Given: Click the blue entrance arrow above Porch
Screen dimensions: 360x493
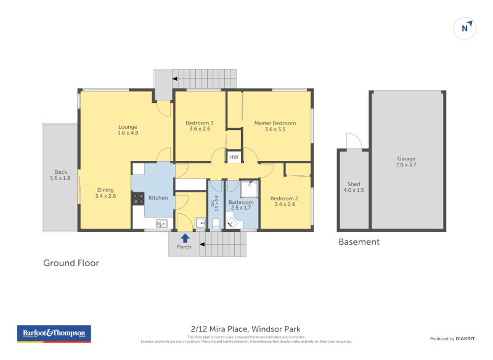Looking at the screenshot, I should click(x=184, y=238).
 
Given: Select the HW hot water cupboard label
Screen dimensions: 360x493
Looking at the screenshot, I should click(x=234, y=158).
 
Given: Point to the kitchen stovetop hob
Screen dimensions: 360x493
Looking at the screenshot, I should click(x=138, y=198).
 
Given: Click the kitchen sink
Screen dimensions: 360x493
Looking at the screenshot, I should click(x=162, y=223).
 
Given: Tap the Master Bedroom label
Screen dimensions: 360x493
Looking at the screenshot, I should click(x=275, y=123).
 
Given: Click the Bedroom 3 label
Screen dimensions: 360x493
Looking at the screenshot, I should click(x=199, y=123).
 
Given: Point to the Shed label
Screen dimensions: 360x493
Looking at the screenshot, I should click(x=353, y=184).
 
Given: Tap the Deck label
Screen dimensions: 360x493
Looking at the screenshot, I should click(x=60, y=172).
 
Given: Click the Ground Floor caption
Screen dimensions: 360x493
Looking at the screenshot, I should click(x=71, y=263).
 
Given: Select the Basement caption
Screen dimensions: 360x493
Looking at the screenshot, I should click(x=359, y=242).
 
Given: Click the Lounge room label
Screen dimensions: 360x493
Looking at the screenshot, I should click(x=128, y=127).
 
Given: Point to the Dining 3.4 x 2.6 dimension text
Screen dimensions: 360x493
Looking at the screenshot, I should click(x=105, y=196).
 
